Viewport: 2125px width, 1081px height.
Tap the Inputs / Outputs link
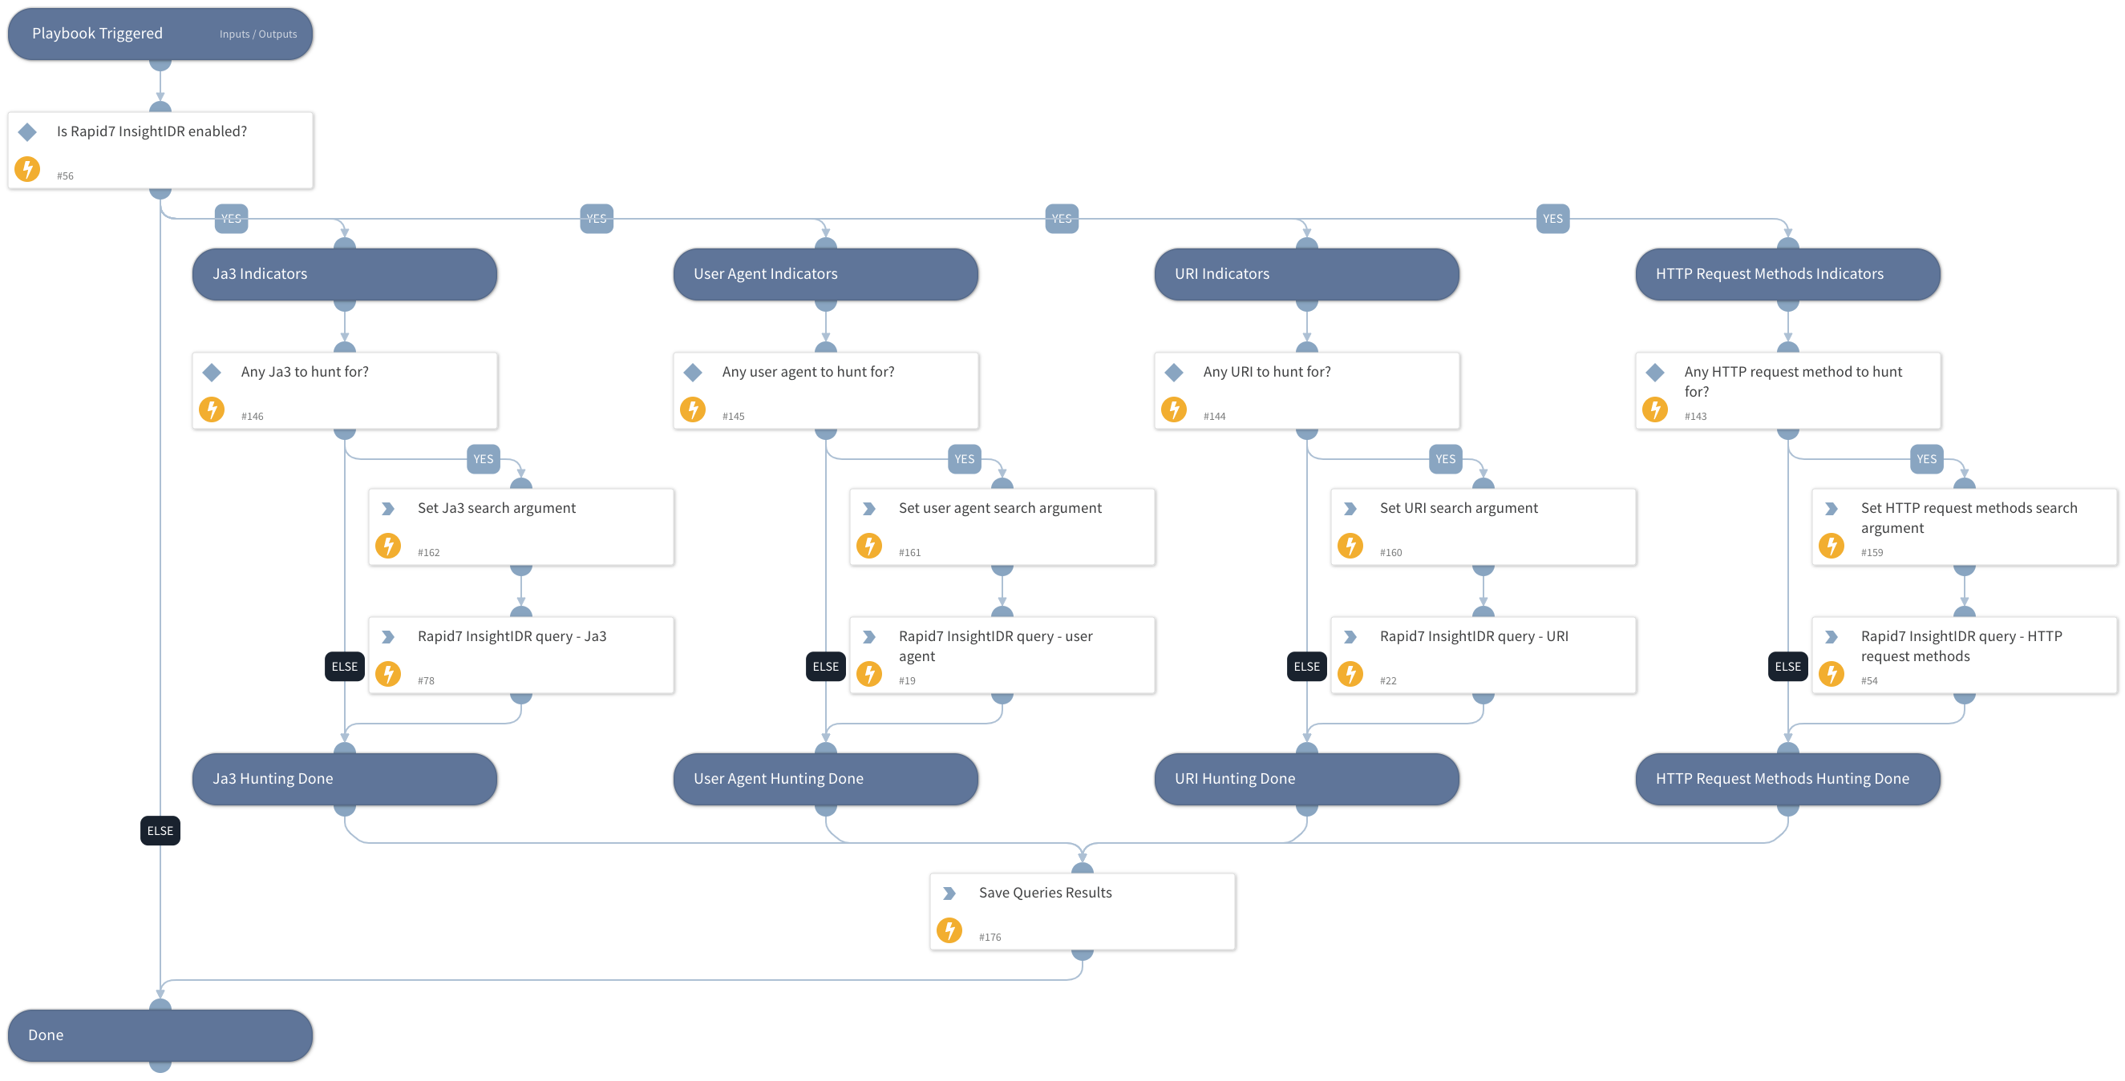(257, 34)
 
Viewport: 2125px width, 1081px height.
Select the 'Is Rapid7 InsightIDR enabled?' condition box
(160, 150)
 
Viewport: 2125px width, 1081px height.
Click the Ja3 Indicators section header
(344, 274)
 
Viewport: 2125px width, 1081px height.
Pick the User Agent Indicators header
(825, 274)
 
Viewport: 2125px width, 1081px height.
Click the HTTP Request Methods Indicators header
(1787, 274)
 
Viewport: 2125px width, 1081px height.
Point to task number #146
(253, 417)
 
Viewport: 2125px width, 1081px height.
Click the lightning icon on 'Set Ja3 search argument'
(389, 545)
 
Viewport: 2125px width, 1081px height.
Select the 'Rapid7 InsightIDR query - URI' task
(1483, 655)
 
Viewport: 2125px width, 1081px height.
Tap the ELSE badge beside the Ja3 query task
(344, 666)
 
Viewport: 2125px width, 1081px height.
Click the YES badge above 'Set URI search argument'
(1445, 459)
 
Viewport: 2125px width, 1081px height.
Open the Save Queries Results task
(1082, 911)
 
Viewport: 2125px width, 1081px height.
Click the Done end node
(160, 1035)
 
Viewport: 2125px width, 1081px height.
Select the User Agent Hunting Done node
(825, 778)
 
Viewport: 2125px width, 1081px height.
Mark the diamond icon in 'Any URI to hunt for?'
(1174, 373)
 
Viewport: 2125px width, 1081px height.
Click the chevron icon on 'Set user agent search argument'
(868, 509)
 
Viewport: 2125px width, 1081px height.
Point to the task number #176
(990, 938)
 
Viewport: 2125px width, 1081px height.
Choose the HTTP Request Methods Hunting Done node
(1787, 778)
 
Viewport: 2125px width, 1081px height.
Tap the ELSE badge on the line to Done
(160, 830)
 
